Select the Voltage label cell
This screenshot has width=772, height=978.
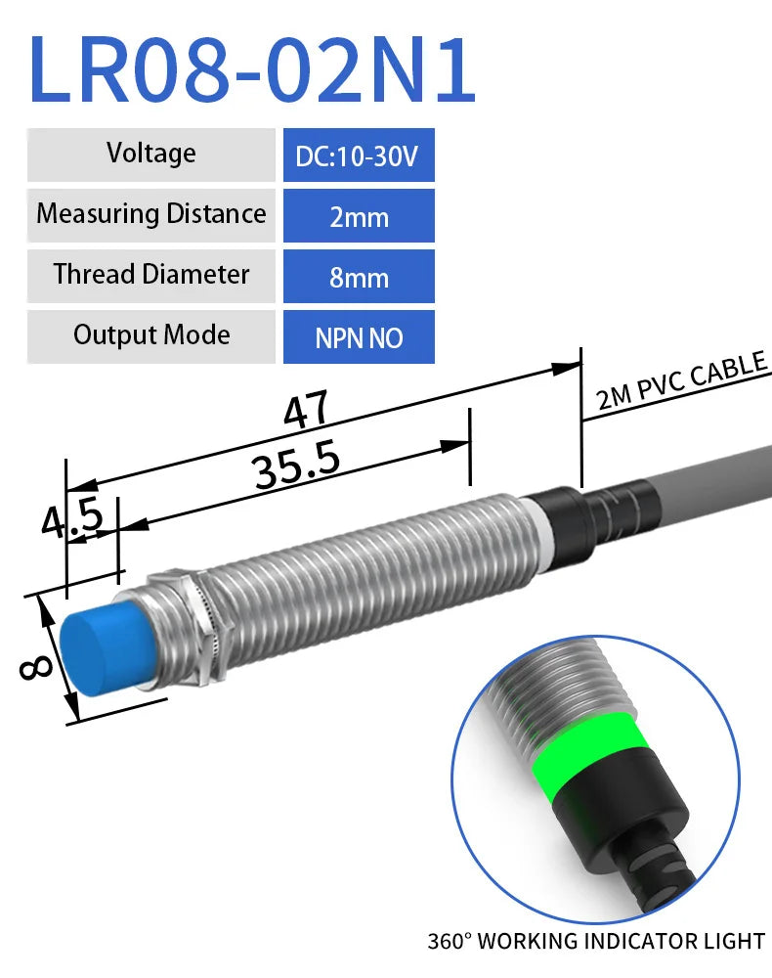[151, 155]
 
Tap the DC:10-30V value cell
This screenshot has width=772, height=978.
[359, 156]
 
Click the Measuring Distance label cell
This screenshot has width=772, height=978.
[151, 215]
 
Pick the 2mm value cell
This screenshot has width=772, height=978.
[359, 216]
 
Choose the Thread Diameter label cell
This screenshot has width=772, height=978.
[151, 276]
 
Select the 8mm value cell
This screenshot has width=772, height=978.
[359, 277]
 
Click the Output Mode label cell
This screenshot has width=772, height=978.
[151, 336]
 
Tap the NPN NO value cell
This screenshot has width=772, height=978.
[359, 337]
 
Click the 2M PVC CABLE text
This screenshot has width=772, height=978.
[681, 382]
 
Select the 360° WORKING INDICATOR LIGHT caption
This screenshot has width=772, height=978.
[595, 942]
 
